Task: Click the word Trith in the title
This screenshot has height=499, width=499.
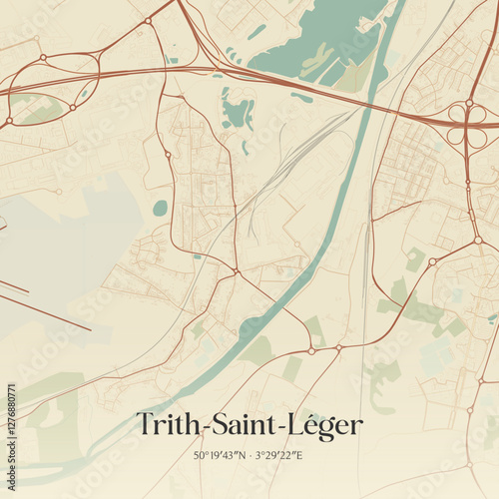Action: [167, 425]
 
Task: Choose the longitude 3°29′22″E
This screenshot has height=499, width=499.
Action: [280, 456]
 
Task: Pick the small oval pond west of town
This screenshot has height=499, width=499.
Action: [161, 208]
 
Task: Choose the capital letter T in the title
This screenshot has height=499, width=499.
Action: [145, 425]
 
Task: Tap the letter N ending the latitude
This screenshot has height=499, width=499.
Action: [241, 456]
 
